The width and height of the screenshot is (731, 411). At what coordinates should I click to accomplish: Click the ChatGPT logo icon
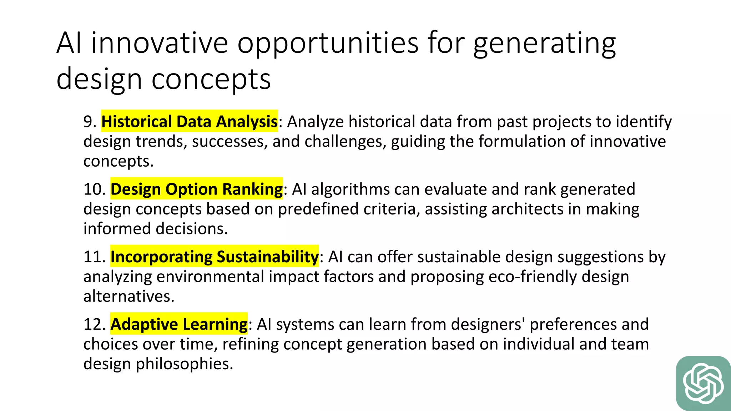(x=703, y=383)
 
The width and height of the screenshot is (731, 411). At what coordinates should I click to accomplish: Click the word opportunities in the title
(x=328, y=43)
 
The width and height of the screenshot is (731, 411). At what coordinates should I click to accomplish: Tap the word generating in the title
(x=544, y=43)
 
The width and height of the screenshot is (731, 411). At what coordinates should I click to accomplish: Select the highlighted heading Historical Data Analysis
(x=190, y=121)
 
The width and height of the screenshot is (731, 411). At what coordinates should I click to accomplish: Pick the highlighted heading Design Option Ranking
(x=196, y=189)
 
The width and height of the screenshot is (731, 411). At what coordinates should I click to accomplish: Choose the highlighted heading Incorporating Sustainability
(x=214, y=257)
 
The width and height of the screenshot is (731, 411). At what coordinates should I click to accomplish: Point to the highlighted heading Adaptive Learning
(x=179, y=324)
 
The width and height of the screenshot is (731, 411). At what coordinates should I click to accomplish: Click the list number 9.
(x=90, y=122)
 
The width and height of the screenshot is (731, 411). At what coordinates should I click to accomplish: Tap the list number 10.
(x=94, y=189)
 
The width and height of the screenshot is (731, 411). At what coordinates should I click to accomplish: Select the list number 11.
(x=94, y=257)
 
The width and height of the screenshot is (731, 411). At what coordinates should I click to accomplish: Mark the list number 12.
(x=94, y=324)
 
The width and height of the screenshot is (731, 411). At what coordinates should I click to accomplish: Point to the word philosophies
(x=184, y=364)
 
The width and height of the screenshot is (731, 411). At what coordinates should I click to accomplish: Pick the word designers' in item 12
(x=488, y=324)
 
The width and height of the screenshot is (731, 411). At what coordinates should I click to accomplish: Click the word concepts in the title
(x=211, y=79)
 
